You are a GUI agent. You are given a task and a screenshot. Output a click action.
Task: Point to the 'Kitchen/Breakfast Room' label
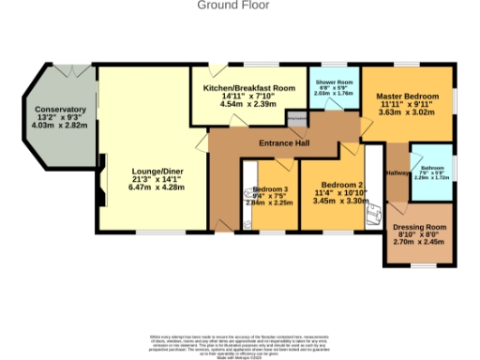tap(249, 87)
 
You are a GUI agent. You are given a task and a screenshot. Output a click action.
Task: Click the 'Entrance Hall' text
tap(285, 142)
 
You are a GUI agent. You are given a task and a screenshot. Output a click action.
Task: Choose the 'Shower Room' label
tap(332, 82)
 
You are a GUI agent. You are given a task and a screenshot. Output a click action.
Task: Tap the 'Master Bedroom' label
tap(407, 97)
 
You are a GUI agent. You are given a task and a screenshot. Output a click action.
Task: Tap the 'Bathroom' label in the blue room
tap(432, 165)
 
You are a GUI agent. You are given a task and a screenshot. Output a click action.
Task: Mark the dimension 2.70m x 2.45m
tap(418, 242)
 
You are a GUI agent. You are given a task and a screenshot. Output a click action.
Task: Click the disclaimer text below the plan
tap(240, 343)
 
